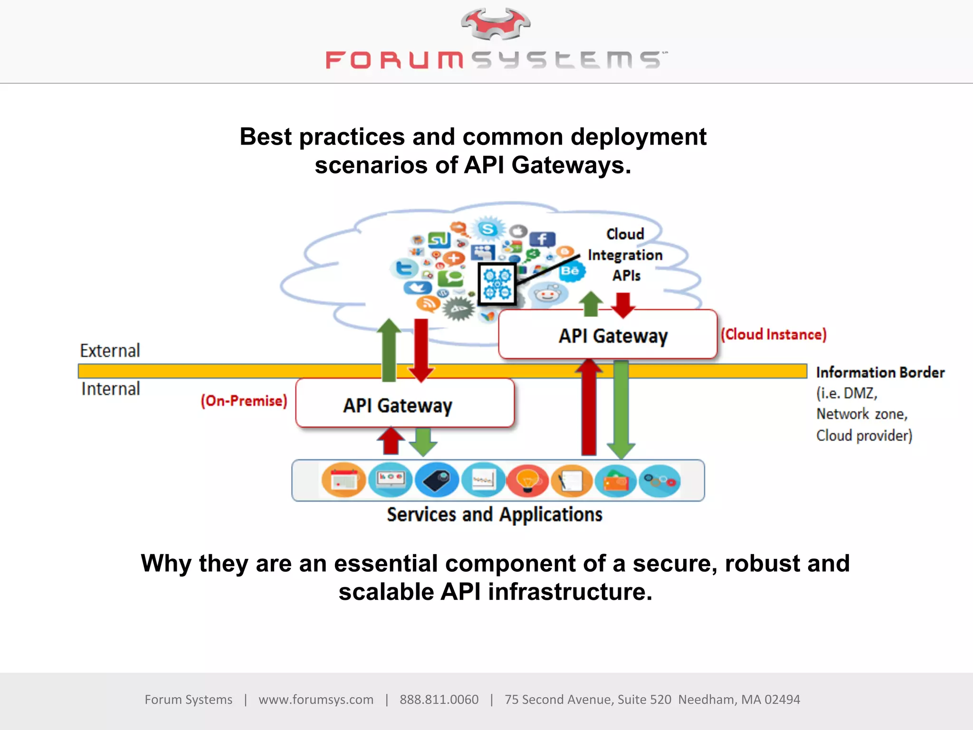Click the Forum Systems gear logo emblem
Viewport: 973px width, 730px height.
[496, 24]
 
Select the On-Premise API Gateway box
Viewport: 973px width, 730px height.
[405, 404]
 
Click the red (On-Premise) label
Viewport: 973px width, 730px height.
[244, 401]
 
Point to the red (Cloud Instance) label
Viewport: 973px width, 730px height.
[773, 334]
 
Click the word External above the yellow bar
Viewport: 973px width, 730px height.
[110, 351]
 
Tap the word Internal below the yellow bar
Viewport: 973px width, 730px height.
[111, 389]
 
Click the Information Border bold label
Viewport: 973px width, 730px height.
[880, 372]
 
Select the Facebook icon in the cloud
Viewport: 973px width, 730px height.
[542, 239]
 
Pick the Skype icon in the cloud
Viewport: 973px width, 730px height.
[488, 229]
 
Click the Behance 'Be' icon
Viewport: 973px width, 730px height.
[571, 271]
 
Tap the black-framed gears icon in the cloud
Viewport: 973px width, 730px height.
[497, 283]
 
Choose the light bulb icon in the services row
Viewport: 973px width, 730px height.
[527, 480]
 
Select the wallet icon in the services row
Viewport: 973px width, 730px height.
[616, 480]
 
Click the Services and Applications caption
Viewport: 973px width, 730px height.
[494, 515]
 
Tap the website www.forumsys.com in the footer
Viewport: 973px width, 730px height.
[316, 700]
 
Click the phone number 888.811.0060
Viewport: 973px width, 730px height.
[439, 700]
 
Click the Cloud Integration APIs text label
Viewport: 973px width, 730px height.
[625, 255]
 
